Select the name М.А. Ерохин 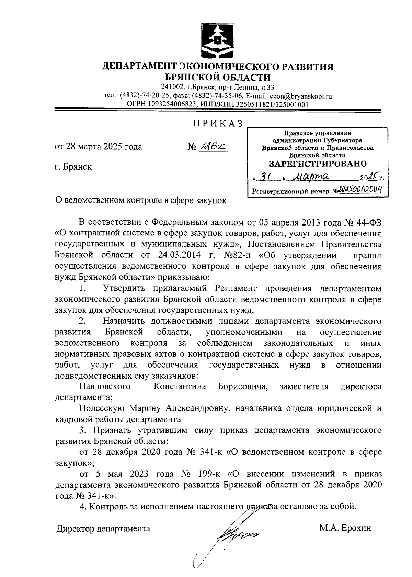(345, 529)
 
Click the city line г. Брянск (73, 167)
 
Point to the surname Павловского (105, 387)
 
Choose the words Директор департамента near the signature (104, 529)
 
